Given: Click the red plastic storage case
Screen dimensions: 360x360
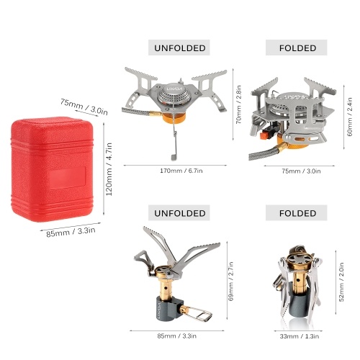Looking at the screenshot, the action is pyautogui.click(x=52, y=169).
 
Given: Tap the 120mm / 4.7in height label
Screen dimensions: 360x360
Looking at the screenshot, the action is pyautogui.click(x=109, y=169).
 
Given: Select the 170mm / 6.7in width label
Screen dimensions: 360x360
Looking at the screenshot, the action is pyautogui.click(x=181, y=171).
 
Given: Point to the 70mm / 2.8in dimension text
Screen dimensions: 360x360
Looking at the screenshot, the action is pyautogui.click(x=239, y=104).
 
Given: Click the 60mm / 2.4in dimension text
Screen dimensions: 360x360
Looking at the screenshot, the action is pyautogui.click(x=350, y=117).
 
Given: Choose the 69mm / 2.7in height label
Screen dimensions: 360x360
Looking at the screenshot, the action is pyautogui.click(x=231, y=282).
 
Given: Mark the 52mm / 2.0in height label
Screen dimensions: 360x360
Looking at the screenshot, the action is pyautogui.click(x=341, y=282).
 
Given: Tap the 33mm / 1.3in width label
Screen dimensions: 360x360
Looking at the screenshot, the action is pyautogui.click(x=300, y=336).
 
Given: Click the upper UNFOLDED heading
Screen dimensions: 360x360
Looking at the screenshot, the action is pyautogui.click(x=180, y=48).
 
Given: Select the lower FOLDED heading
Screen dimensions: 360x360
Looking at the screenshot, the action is pyautogui.click(x=297, y=213).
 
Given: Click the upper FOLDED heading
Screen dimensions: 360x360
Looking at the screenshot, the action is pyautogui.click(x=297, y=48).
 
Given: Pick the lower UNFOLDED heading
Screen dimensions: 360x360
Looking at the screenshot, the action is pyautogui.click(x=180, y=213).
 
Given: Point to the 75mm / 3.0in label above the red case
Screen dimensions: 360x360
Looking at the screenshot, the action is pyautogui.click(x=84, y=107).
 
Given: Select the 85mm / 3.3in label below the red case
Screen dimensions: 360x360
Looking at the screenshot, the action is pyautogui.click(x=71, y=232).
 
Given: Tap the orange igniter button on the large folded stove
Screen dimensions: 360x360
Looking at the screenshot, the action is pyautogui.click(x=264, y=135).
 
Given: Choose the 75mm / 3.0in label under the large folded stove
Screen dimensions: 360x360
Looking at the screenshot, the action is pyautogui.click(x=301, y=171).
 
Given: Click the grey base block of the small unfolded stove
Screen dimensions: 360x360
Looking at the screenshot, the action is pyautogui.click(x=168, y=308).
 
